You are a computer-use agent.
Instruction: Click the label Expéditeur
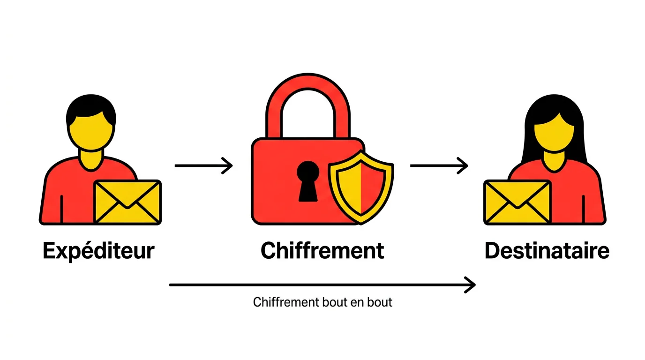[98, 251]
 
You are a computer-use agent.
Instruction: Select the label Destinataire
[547, 251]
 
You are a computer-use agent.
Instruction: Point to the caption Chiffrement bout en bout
[322, 302]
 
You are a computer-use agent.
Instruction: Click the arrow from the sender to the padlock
[203, 165]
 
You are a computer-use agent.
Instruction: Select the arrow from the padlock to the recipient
[439, 165]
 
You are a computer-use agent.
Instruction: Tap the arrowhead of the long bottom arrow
[470, 285]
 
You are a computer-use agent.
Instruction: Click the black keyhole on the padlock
[308, 180]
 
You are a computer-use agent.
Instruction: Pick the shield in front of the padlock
[360, 186]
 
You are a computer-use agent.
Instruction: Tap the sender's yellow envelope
[127, 202]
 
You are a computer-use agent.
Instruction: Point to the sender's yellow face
[90, 131]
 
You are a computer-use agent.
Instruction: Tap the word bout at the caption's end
[381, 302]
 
